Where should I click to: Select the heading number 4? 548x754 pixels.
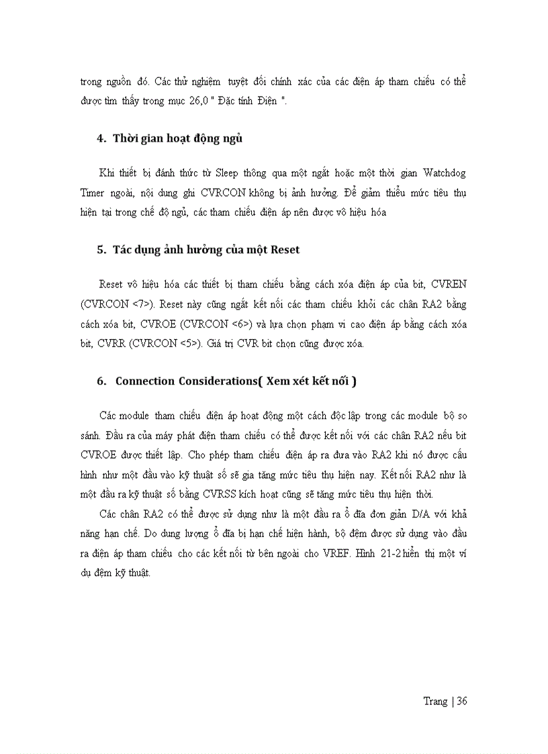click(101, 139)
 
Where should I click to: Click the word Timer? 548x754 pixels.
click(92, 192)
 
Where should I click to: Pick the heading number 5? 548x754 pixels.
click(101, 250)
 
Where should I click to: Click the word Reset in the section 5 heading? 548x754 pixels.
click(285, 250)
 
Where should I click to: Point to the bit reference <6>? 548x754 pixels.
click(240, 324)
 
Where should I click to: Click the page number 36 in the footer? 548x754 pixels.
click(461, 701)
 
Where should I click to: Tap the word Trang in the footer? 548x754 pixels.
click(435, 701)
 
